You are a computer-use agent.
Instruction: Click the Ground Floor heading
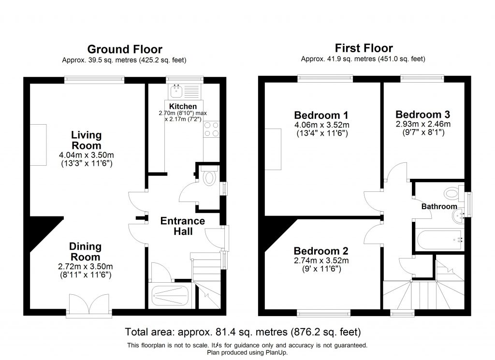(x=124, y=49)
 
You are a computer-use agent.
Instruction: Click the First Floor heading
(x=364, y=48)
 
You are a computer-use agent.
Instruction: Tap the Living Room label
(x=87, y=140)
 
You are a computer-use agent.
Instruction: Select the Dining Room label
(x=86, y=251)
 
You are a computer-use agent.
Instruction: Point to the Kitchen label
(x=183, y=106)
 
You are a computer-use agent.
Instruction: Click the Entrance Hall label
(x=182, y=226)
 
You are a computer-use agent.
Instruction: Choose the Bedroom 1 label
(x=321, y=115)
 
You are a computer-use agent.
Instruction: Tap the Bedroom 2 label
(x=321, y=251)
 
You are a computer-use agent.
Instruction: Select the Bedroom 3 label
(x=422, y=115)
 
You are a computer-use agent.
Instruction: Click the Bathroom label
(x=439, y=207)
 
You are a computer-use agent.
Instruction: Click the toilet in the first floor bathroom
(x=451, y=194)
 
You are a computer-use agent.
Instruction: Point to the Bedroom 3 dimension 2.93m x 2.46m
(x=422, y=124)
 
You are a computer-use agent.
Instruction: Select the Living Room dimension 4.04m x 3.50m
(x=87, y=155)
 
